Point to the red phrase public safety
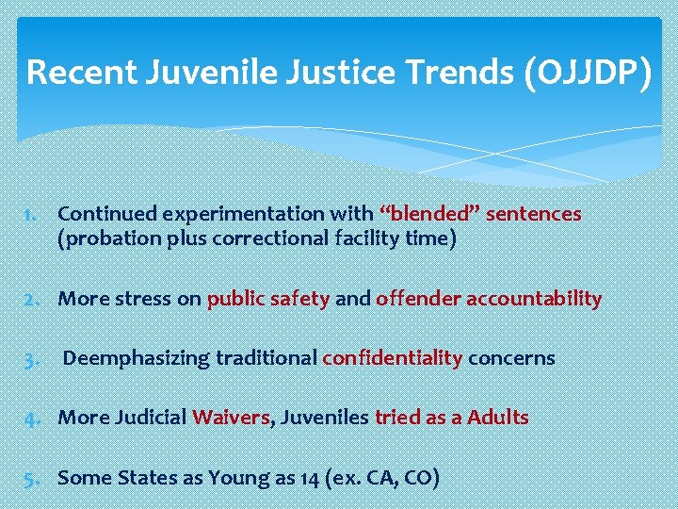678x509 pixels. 268,299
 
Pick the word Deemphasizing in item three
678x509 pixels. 137,358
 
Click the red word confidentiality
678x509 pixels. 393,358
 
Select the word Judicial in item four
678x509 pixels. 153,417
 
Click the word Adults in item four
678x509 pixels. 498,417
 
